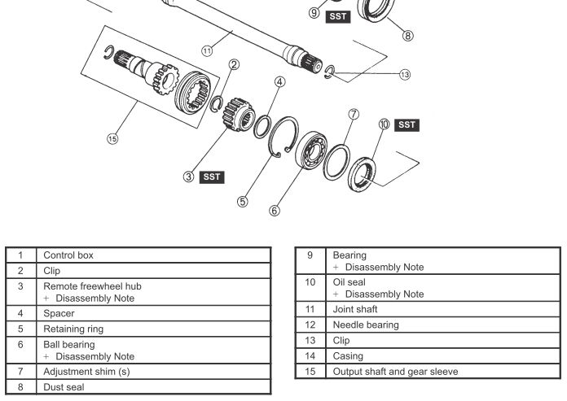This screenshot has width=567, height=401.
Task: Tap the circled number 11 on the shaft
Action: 207,50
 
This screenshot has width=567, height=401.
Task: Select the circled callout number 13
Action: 405,75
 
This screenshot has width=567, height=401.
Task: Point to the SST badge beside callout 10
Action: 407,124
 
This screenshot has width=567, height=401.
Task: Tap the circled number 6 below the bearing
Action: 275,210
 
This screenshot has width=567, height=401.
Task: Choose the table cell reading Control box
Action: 155,255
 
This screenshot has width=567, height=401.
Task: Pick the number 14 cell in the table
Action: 309,356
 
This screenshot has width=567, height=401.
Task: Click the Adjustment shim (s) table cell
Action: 155,372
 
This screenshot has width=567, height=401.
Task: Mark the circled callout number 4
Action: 279,82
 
